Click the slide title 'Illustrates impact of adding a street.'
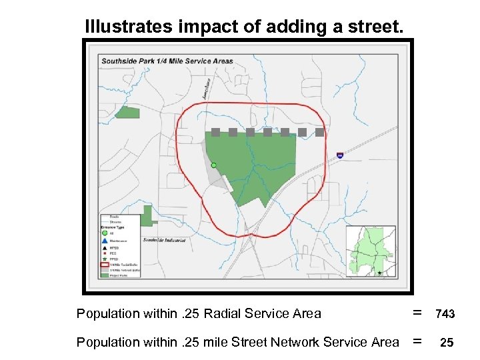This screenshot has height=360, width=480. pyautogui.click(x=244, y=27)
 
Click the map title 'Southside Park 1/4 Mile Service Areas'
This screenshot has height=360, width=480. pyautogui.click(x=167, y=61)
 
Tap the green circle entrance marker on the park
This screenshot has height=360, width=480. pyautogui.click(x=213, y=165)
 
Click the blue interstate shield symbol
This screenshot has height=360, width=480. pyautogui.click(x=340, y=155)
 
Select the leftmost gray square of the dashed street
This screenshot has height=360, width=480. pyautogui.click(x=215, y=132)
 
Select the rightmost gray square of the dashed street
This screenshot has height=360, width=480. pyautogui.click(x=319, y=132)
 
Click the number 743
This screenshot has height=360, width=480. pyautogui.click(x=445, y=314)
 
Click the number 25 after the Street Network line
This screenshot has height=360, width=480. pyautogui.click(x=447, y=343)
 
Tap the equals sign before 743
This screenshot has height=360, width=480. pyautogui.click(x=417, y=313)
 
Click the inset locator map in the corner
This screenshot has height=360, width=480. pyautogui.click(x=370, y=251)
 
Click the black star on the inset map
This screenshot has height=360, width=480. pyautogui.click(x=379, y=273)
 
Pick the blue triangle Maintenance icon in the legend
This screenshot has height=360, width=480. pyautogui.click(x=105, y=240)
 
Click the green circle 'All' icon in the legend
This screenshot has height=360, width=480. pyautogui.click(x=105, y=233)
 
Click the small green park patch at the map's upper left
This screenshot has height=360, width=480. pyautogui.click(x=127, y=113)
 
